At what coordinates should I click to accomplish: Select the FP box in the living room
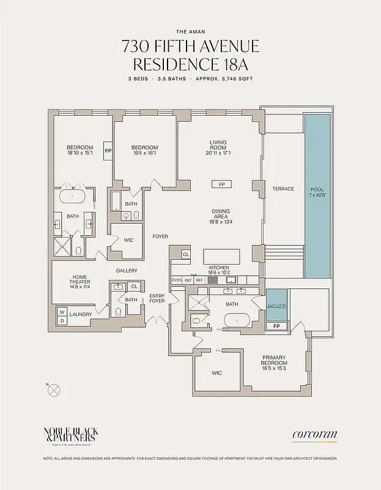(221, 184)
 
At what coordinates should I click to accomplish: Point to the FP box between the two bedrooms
(108, 151)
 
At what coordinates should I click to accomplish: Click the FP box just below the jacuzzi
(276, 326)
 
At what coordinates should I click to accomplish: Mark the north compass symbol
(54, 388)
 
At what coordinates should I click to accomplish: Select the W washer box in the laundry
(62, 312)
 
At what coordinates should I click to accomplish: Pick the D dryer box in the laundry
(62, 320)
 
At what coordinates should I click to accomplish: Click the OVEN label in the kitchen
(177, 280)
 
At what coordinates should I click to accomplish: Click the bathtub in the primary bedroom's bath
(235, 320)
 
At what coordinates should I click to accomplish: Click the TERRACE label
(283, 189)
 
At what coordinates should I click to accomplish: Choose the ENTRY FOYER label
(157, 299)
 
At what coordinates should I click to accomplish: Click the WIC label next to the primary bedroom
(217, 372)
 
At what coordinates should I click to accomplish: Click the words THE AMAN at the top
(190, 31)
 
